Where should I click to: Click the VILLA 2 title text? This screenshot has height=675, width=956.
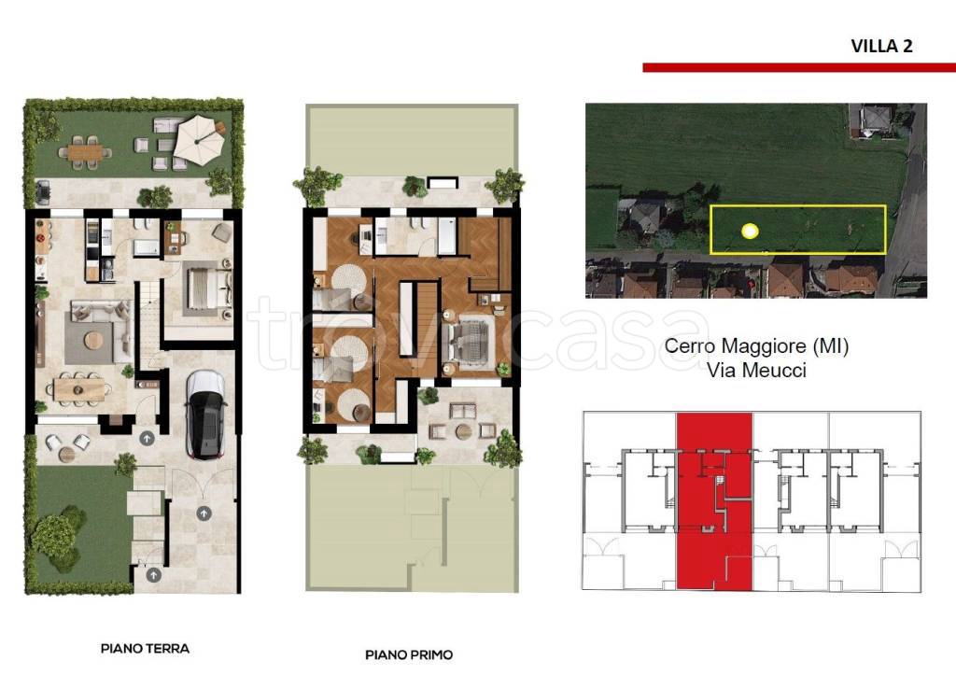881,47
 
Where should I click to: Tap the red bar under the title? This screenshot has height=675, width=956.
799,67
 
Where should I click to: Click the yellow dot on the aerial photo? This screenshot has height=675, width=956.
750,231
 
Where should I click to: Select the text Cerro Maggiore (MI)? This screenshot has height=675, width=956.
756,345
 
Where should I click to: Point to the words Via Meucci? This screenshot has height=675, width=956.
756,370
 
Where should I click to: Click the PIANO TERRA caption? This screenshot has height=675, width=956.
145,648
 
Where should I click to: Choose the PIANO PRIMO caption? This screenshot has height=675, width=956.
409,654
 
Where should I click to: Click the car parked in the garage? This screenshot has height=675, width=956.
206,414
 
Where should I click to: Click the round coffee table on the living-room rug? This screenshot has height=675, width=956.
94,340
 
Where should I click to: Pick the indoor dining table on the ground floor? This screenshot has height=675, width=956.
79,389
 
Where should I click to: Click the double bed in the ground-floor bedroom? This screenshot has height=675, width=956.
207,288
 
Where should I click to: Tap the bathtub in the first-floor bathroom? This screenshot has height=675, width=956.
447,234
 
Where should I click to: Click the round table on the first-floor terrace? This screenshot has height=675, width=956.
463,431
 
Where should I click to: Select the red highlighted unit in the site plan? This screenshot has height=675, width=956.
714,501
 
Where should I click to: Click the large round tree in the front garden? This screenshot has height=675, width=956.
54,537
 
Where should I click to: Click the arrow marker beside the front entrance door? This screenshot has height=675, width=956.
147,437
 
